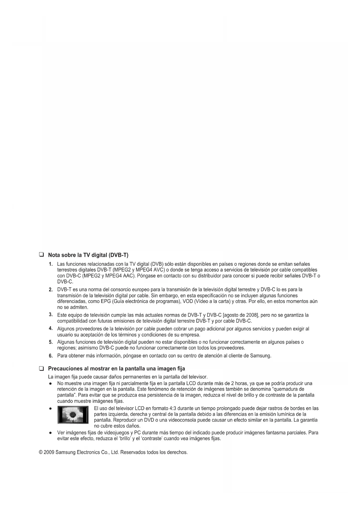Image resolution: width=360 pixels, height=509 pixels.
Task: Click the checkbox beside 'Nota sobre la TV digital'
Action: (41, 255)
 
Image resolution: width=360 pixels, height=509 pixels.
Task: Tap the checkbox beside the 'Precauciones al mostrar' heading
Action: (41, 369)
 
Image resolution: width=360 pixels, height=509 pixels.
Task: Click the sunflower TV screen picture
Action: (73, 415)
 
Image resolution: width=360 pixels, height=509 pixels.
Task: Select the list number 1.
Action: (51, 264)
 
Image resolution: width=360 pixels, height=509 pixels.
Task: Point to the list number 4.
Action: (50, 328)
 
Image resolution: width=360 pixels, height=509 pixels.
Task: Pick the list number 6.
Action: (51, 356)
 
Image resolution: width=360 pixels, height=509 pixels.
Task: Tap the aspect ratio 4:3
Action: (173, 408)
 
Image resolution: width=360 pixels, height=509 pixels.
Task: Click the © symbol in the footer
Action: (41, 452)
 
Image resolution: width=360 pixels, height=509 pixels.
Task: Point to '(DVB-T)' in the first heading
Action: (118, 255)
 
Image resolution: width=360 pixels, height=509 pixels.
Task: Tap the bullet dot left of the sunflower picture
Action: (50, 409)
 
